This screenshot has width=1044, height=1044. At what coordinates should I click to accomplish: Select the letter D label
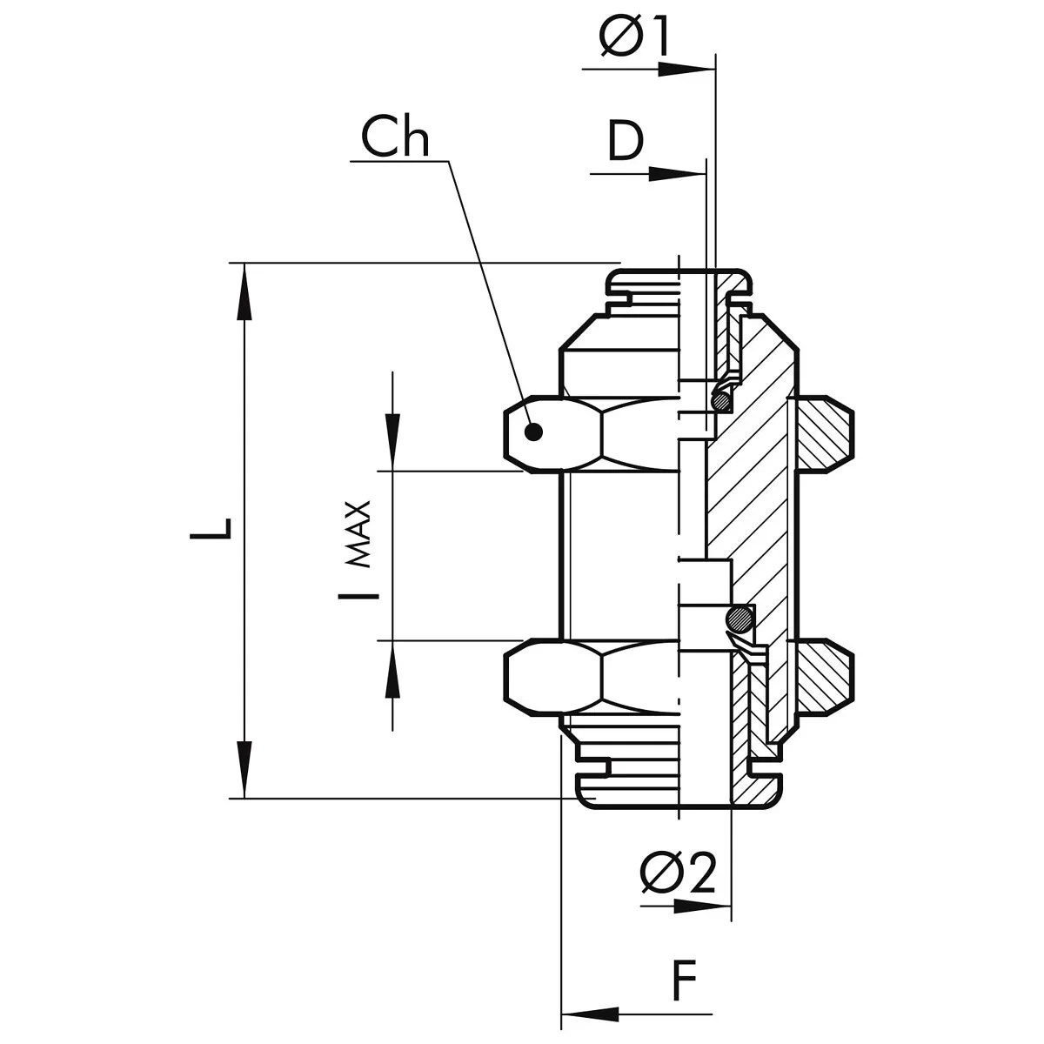[x=625, y=142]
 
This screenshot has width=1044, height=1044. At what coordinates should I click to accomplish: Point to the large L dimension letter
[x=212, y=527]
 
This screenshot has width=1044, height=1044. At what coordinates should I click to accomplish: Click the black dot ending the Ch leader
[x=534, y=431]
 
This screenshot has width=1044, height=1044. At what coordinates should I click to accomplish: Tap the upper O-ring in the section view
[x=721, y=401]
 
